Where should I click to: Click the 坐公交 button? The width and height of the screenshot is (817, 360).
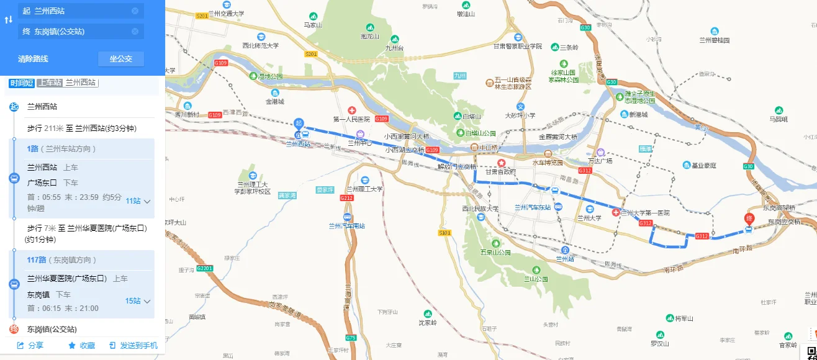pyautogui.click(x=121, y=59)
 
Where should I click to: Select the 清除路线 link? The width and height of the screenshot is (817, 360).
pyautogui.click(x=33, y=59)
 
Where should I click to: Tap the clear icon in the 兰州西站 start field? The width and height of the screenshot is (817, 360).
pyautogui.click(x=135, y=11)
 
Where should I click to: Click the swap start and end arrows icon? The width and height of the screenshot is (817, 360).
pyautogui.click(x=8, y=20)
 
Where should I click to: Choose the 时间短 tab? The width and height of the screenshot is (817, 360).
pyautogui.click(x=21, y=83)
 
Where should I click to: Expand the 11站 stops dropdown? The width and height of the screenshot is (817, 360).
pyautogui.click(x=138, y=201)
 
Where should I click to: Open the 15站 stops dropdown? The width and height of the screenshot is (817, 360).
pyautogui.click(x=138, y=301)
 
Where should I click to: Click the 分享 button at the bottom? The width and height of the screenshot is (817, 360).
pyautogui.click(x=30, y=346)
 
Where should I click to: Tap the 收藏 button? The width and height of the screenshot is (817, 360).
pyautogui.click(x=81, y=346)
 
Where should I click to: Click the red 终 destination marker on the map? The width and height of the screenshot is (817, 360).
pyautogui.click(x=749, y=219)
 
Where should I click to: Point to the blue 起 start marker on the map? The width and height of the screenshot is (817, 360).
pyautogui.click(x=299, y=124)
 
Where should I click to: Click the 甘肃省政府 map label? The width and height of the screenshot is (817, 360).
pyautogui.click(x=500, y=172)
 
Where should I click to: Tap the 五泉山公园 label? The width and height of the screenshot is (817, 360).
pyautogui.click(x=495, y=253)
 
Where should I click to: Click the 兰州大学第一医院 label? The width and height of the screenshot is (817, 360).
pyautogui.click(x=646, y=213)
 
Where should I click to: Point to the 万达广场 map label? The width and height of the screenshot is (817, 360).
pyautogui.click(x=600, y=161)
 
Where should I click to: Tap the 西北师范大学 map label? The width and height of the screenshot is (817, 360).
pyautogui.click(x=261, y=45)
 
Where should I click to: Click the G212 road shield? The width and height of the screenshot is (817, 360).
pyautogui.click(x=346, y=197)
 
